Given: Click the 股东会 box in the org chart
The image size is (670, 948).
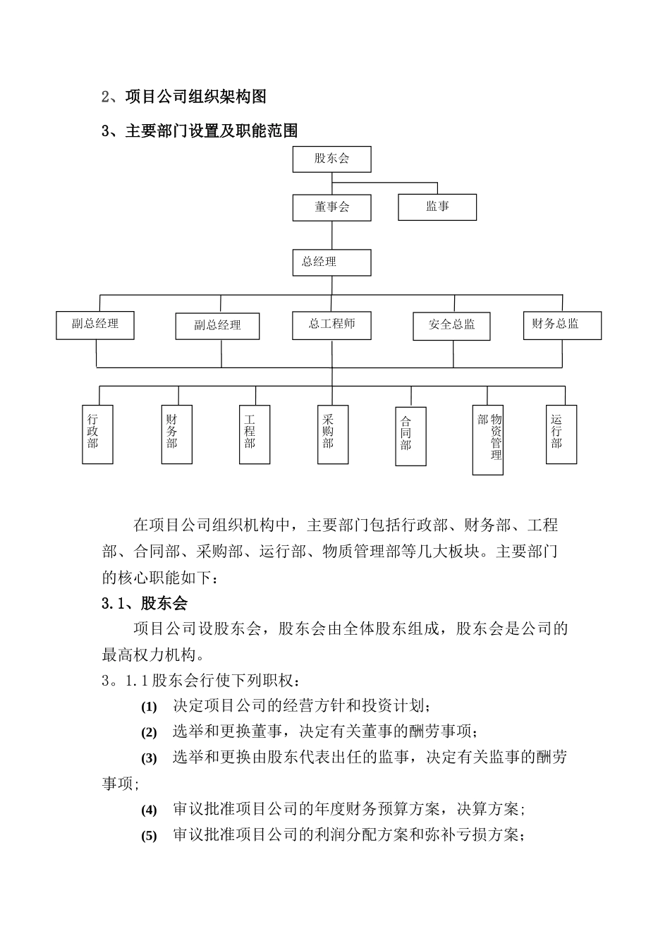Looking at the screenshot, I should [331, 159].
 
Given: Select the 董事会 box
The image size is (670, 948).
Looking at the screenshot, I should [331, 207].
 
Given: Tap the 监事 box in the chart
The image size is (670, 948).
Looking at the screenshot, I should [437, 207].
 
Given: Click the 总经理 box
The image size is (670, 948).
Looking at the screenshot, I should [331, 262].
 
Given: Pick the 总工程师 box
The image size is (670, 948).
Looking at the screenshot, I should [331, 324].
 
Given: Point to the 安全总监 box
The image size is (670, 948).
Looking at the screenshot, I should [451, 325].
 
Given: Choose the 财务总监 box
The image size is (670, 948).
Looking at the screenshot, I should [562, 324].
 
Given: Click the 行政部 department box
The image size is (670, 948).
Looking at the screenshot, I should [97, 434].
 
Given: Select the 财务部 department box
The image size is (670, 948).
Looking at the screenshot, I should [176, 434].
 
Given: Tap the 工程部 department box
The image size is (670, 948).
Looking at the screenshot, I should [255, 434].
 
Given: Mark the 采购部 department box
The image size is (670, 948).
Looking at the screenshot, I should [333, 434].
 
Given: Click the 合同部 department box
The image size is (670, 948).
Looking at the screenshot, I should [410, 435].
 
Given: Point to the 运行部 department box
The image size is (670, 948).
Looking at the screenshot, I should [561, 434].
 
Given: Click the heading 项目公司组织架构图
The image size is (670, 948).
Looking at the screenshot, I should [195, 96].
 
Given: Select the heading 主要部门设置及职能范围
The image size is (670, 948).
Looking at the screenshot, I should [211, 130].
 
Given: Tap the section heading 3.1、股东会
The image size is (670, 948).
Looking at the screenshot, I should [145, 603].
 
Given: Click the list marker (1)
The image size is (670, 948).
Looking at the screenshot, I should [149, 707].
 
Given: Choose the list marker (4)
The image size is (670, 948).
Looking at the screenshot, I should [149, 810].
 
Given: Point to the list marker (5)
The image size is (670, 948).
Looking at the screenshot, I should [149, 837].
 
